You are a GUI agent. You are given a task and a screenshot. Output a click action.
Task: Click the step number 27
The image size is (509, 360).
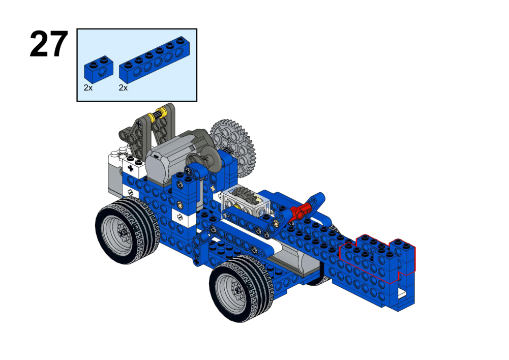(x=49, y=44)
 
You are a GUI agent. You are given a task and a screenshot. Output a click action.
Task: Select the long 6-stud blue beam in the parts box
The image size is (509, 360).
(x=154, y=59)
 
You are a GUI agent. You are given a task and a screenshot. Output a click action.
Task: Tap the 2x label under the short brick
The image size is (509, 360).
(x=88, y=87)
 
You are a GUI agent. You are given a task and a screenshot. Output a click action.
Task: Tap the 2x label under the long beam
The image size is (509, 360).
(x=123, y=87)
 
